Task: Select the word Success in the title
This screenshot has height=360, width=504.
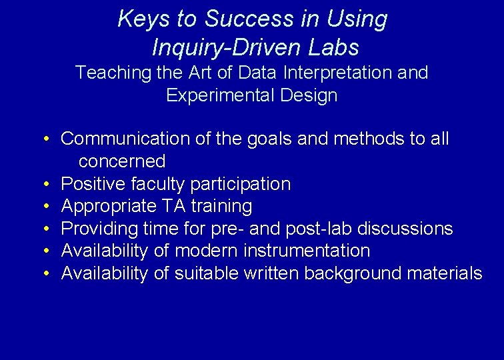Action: [249, 19]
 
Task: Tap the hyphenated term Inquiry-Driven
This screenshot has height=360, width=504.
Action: [227, 48]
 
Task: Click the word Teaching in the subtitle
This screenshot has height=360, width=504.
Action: [113, 73]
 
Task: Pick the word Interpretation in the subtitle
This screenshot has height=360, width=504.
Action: [338, 73]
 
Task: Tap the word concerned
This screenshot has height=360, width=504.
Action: [122, 161]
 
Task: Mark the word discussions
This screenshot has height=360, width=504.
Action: [405, 229]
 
